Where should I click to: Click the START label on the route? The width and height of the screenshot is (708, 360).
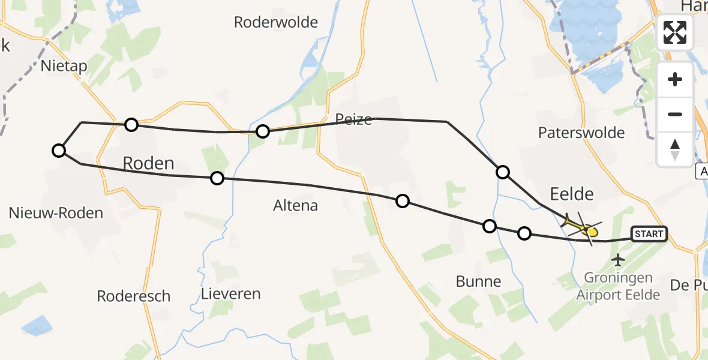(649, 234)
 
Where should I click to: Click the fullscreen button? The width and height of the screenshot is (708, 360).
(675, 32)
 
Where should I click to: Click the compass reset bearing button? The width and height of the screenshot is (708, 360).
(675, 149)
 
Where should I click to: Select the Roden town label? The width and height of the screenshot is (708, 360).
(148, 163)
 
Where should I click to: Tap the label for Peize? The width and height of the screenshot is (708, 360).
(353, 119)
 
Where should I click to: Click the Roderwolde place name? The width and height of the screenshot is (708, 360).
(276, 22)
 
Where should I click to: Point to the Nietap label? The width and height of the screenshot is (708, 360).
(64, 66)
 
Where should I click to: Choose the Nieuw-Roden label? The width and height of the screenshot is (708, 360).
(56, 212)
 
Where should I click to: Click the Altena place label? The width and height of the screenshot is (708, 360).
(295, 206)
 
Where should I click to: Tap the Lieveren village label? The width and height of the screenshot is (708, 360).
(231, 294)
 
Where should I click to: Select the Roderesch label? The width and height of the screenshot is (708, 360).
(134, 296)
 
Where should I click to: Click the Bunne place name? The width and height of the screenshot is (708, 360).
(478, 281)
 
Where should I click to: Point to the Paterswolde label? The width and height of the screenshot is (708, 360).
(581, 133)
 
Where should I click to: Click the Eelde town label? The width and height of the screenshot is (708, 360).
(572, 194)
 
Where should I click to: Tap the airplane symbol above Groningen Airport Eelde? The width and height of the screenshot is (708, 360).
(617, 260)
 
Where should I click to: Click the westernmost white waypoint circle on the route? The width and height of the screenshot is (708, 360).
(58, 150)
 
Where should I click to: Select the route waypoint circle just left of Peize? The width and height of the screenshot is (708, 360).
(262, 131)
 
